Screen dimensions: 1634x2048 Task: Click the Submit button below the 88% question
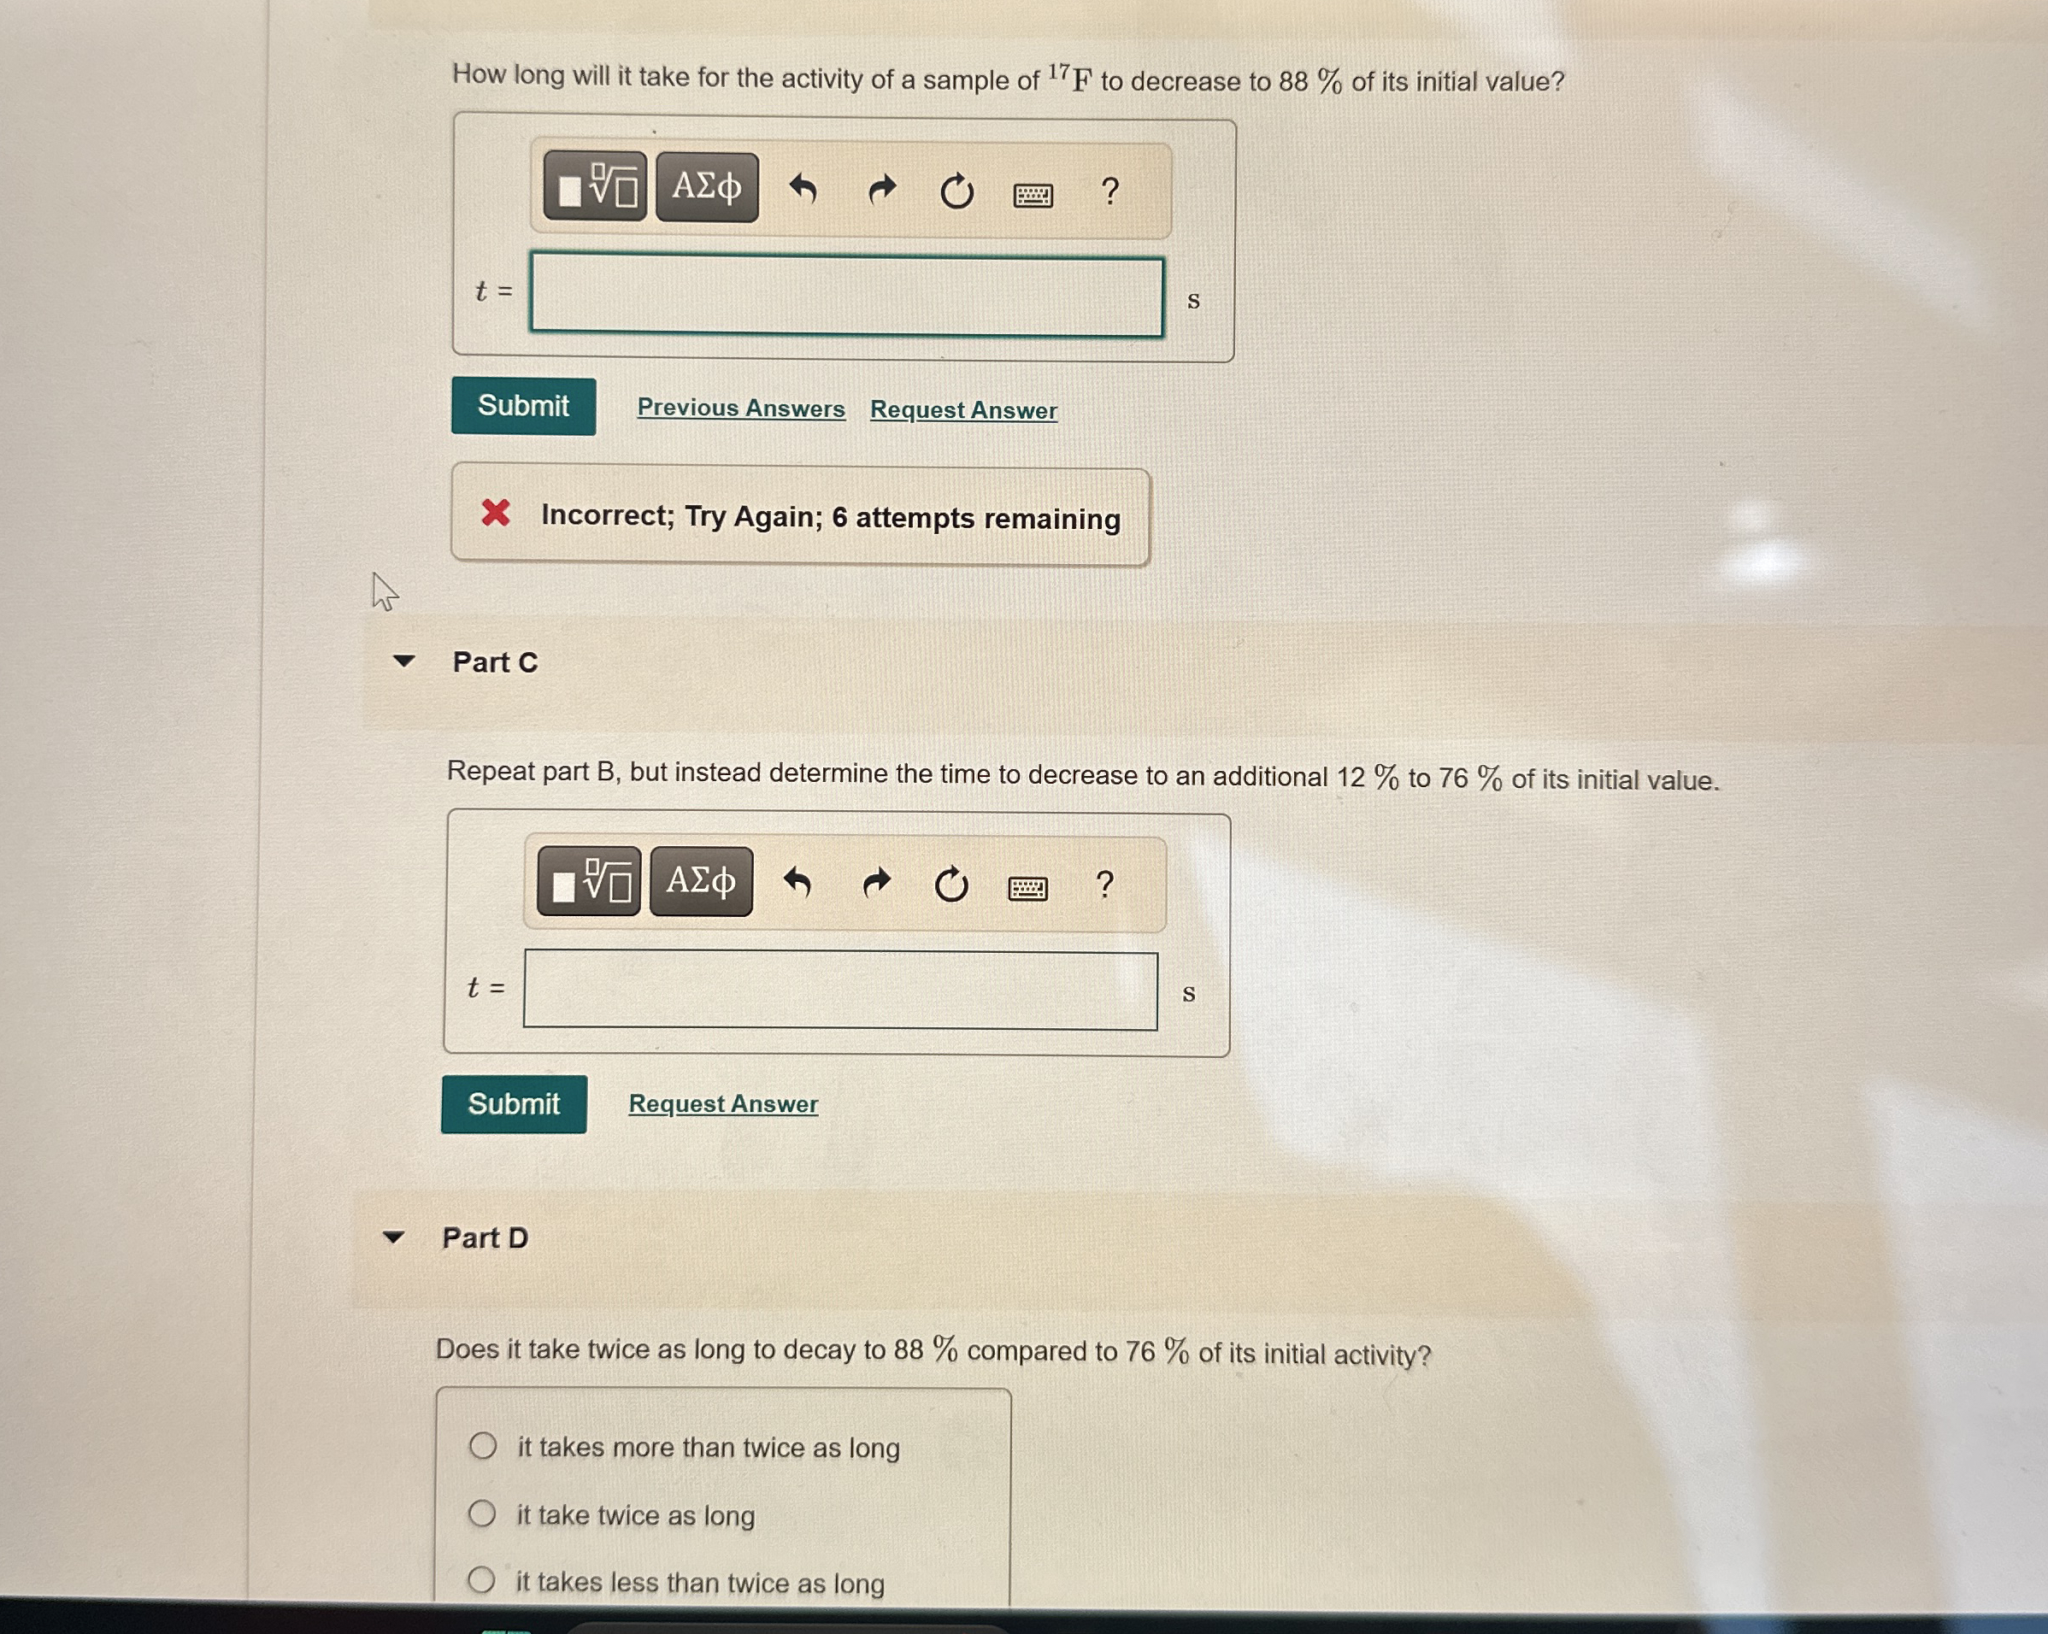(x=523, y=407)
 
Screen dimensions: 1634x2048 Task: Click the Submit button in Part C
(x=513, y=1104)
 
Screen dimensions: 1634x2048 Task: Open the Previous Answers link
(x=741, y=408)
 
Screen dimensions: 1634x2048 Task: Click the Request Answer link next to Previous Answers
(x=963, y=410)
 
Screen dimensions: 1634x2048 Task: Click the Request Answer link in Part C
(x=723, y=1104)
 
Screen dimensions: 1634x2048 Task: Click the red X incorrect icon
(x=495, y=513)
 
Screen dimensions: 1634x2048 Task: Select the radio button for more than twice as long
(x=483, y=1446)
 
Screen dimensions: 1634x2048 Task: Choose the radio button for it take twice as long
(x=481, y=1514)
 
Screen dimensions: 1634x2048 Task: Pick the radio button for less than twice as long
(x=480, y=1581)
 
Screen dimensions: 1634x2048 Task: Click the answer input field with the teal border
(x=845, y=297)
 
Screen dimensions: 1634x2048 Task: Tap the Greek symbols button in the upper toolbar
(x=707, y=187)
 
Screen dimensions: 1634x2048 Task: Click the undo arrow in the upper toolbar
(x=803, y=190)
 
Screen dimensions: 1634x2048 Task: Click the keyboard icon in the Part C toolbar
(x=1027, y=888)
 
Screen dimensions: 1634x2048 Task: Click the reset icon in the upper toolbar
(x=956, y=192)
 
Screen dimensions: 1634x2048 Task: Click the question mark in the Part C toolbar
(x=1103, y=885)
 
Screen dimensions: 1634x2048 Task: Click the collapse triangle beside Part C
(x=403, y=661)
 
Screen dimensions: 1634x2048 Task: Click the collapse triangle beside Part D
(x=393, y=1237)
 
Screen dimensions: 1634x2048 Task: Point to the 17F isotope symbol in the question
(x=1070, y=78)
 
